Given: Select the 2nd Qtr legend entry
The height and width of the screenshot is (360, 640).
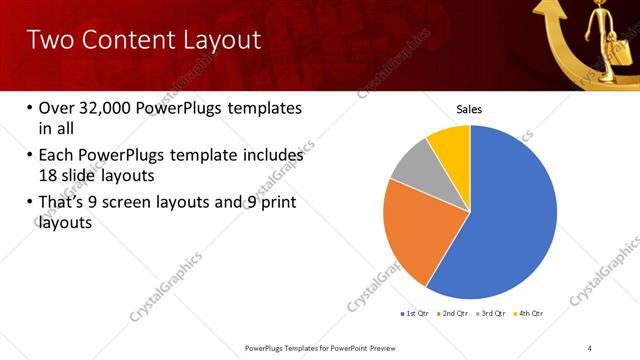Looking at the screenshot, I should [455, 314].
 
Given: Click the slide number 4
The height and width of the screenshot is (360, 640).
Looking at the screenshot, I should [590, 346].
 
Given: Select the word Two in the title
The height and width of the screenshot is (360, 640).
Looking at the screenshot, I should [49, 41].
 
